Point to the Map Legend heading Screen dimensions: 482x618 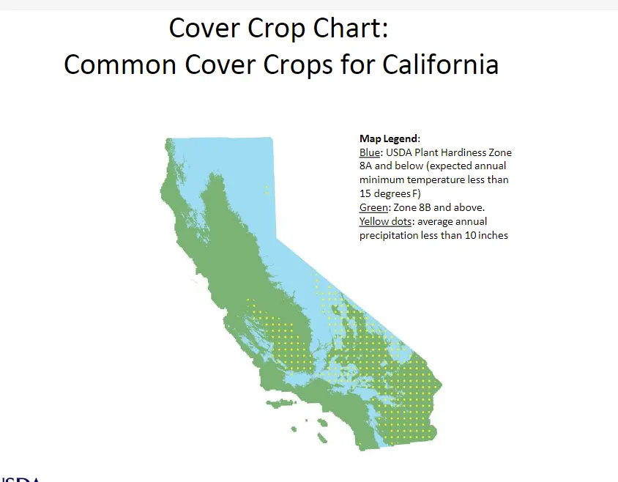[x=390, y=138]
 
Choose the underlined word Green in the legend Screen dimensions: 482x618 [x=372, y=207]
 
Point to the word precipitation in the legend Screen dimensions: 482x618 [x=387, y=235]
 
